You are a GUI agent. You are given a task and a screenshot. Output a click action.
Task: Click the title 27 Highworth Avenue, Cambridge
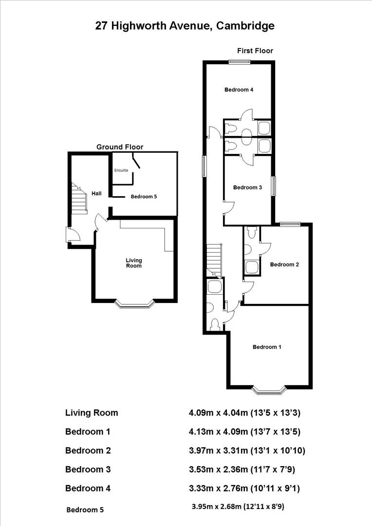185,26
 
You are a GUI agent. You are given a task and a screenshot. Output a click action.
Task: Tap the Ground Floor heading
120,147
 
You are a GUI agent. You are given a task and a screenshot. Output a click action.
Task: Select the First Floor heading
255,51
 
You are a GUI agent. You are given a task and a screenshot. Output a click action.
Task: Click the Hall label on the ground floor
96,193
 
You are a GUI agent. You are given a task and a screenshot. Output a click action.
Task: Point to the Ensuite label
121,170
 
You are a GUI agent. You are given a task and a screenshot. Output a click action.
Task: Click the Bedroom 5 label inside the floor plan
143,197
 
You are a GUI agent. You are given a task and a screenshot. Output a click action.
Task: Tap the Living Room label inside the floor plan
134,263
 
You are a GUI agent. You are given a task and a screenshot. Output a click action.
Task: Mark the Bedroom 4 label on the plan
239,90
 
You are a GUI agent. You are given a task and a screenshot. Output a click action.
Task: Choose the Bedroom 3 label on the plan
248,188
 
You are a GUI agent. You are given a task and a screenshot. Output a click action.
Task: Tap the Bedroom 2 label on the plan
284,264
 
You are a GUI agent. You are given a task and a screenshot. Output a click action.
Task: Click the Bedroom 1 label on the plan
267,347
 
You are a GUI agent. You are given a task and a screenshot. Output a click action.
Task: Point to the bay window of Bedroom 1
269,390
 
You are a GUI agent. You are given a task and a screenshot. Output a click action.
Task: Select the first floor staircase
214,260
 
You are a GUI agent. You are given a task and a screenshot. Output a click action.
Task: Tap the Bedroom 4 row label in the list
88,488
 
